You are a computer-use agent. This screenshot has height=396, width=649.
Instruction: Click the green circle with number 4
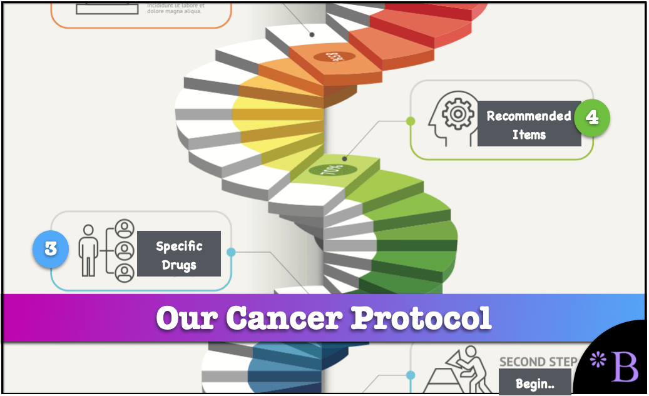[x=591, y=117]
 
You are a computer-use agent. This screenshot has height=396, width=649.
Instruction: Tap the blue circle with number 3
[x=50, y=248]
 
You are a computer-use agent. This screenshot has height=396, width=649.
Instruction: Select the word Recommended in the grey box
[x=529, y=116]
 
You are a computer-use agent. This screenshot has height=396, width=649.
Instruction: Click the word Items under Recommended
[x=529, y=135]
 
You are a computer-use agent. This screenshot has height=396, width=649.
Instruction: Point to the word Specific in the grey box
[x=179, y=246]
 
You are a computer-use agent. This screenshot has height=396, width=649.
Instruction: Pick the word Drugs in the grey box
[x=179, y=265]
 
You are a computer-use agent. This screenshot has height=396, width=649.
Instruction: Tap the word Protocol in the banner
[x=421, y=318]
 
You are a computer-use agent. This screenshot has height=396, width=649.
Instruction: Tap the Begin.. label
[x=534, y=383]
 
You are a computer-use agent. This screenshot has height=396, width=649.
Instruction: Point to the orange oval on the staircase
[x=335, y=57]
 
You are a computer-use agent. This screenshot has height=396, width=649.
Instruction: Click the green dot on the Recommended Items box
[x=411, y=120]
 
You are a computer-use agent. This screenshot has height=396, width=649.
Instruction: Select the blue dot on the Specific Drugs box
[x=231, y=252]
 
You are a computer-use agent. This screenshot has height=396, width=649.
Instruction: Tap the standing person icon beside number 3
[x=89, y=250]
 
